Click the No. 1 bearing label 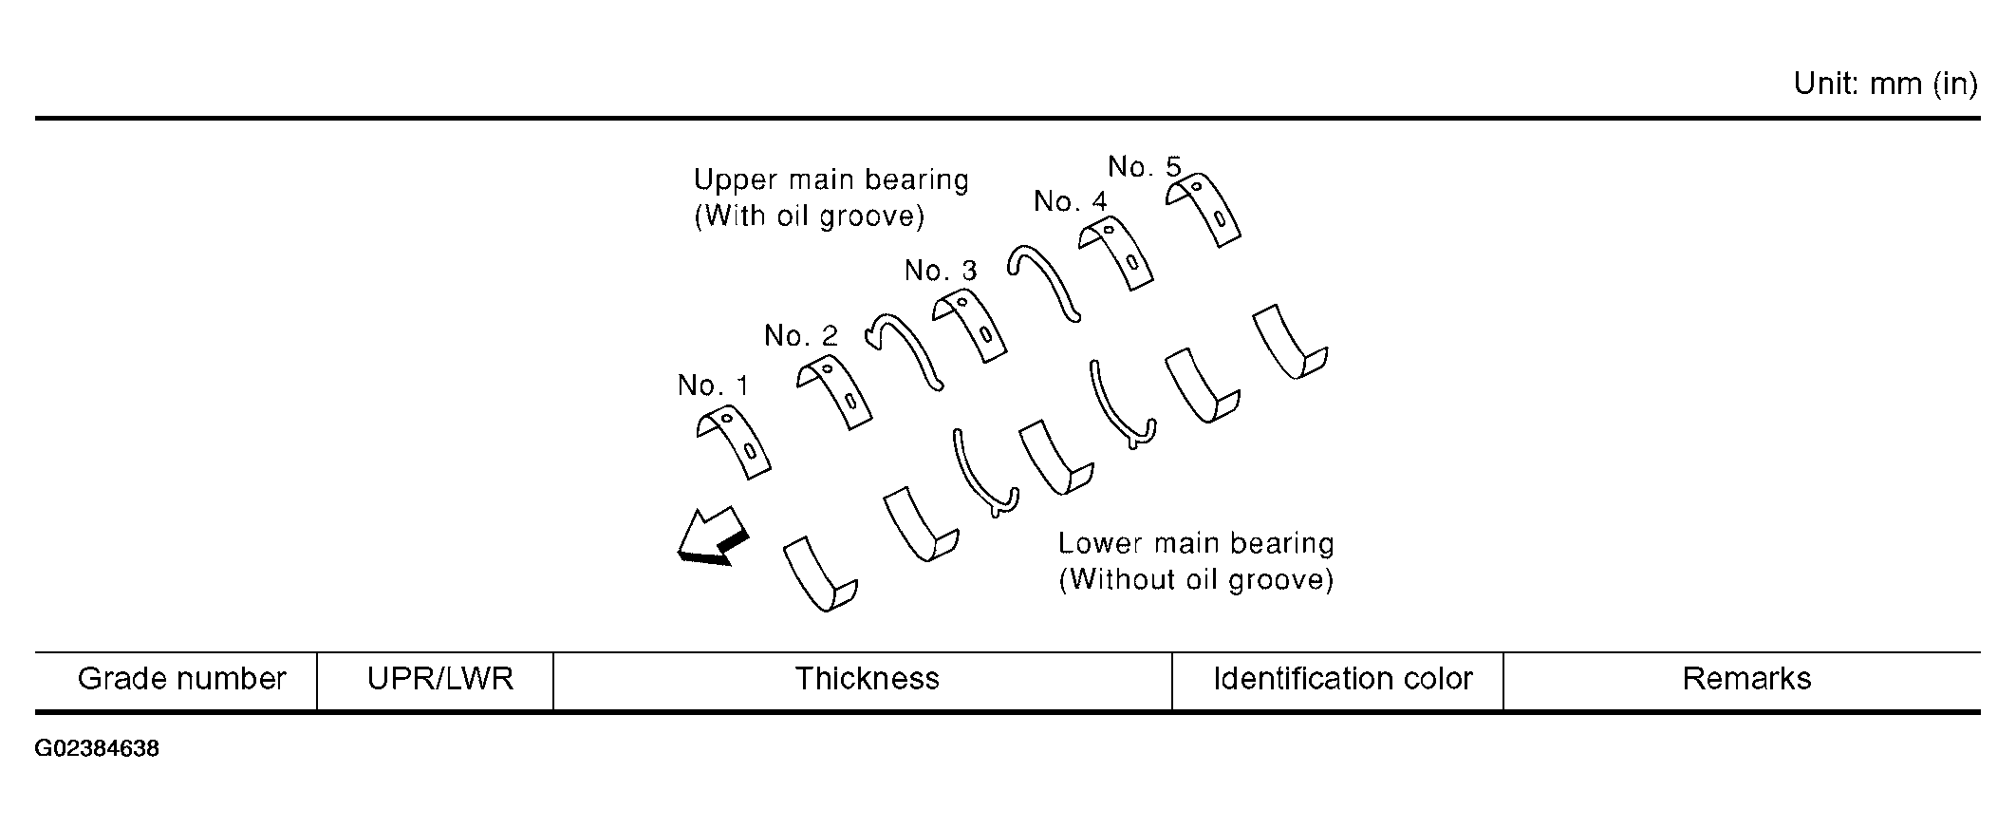713,386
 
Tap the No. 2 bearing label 801,336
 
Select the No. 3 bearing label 941,272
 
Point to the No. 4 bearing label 1070,202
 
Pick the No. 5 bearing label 1145,168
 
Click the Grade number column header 181,679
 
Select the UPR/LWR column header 440,679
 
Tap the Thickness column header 867,679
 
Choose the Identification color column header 1342,679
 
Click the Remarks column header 1746,679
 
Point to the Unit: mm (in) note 1885,85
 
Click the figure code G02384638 97,749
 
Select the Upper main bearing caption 831,198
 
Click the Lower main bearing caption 1196,561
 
